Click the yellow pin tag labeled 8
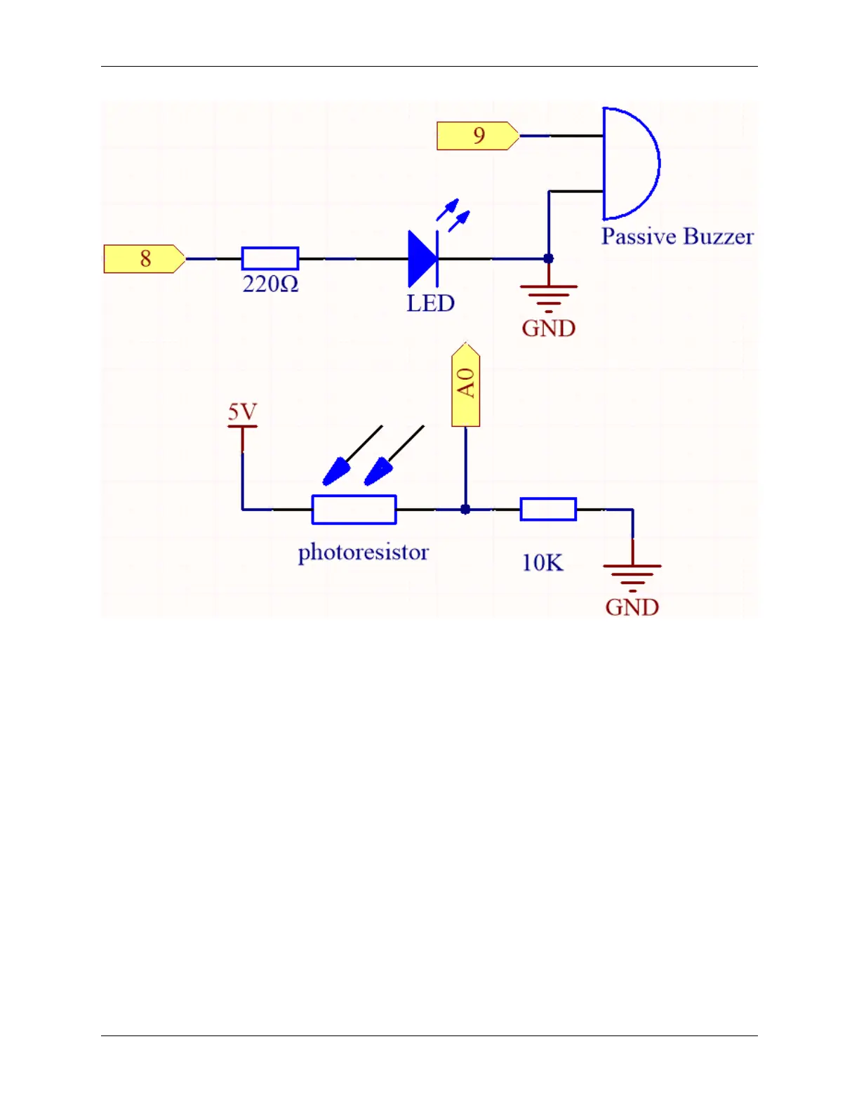point(145,259)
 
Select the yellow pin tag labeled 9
point(478,135)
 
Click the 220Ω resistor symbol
point(270,258)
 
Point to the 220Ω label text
point(270,284)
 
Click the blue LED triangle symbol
point(422,259)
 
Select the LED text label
point(430,303)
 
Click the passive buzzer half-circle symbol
point(630,164)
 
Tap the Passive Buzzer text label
point(677,237)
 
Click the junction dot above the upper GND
point(549,259)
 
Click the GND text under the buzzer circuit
point(549,329)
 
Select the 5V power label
point(242,412)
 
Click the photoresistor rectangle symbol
point(354,510)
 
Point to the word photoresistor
point(363,552)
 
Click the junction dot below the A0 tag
point(465,510)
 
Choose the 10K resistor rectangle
point(548,510)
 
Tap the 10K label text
point(542,562)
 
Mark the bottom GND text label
point(632,607)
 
